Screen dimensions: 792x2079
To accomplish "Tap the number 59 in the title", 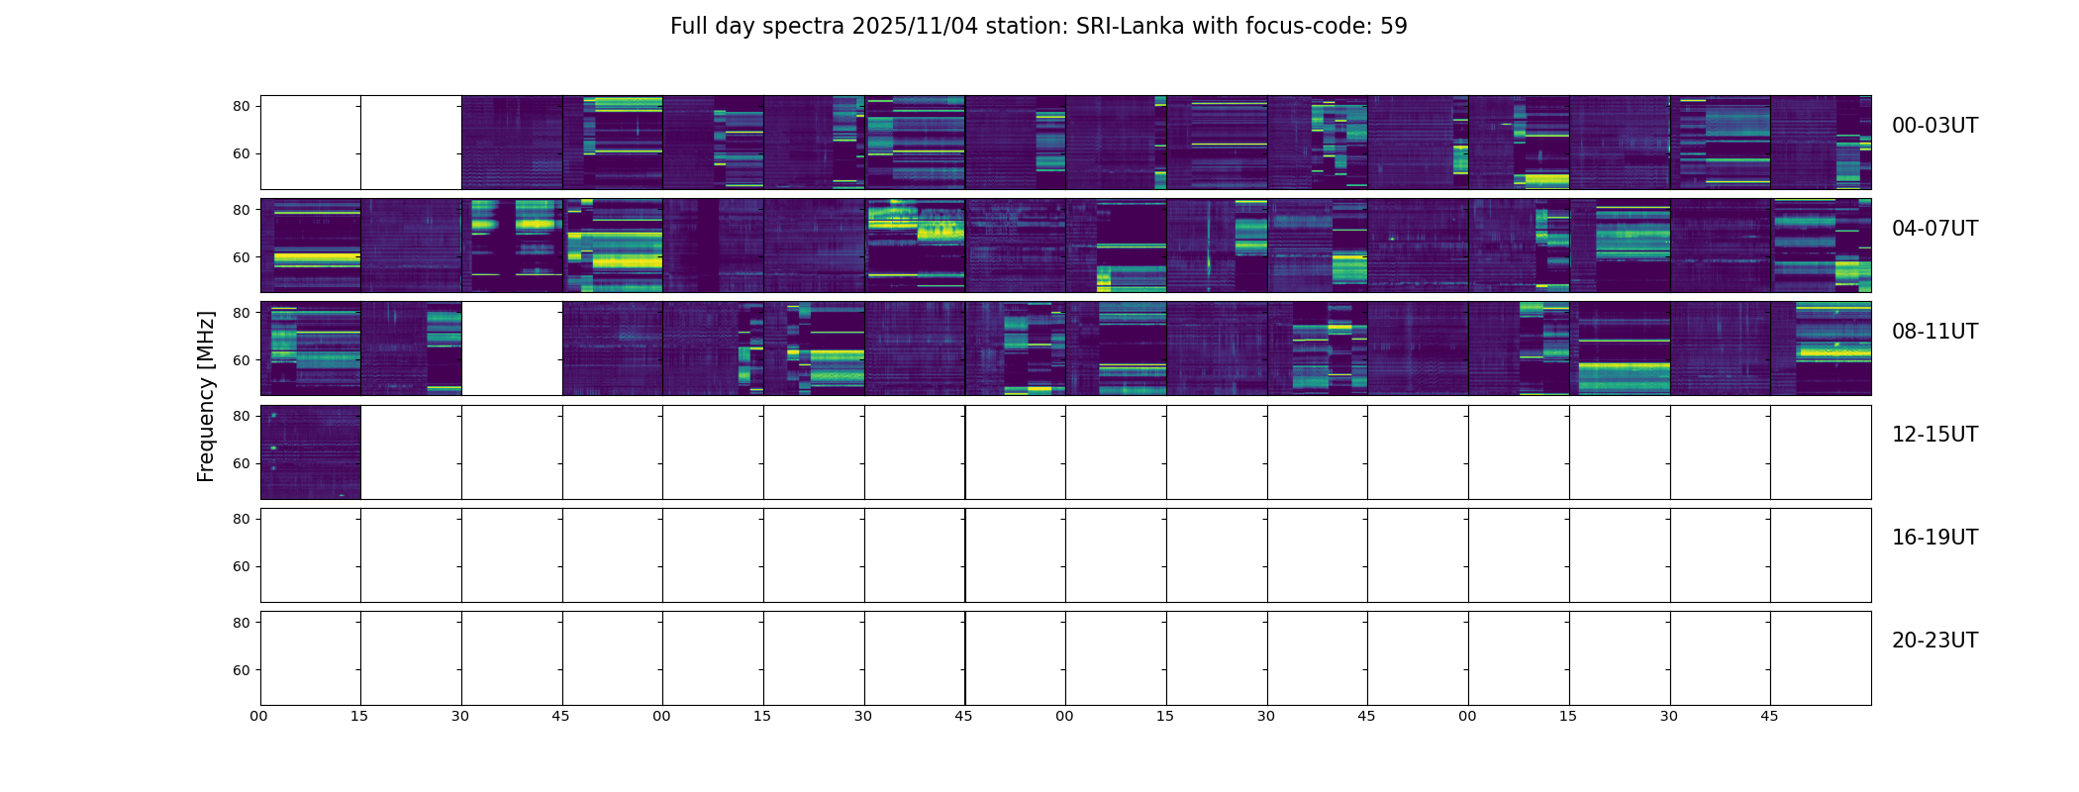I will (1393, 27).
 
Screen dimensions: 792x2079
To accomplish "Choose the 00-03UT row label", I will (1934, 126).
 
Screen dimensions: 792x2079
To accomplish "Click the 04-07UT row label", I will (1934, 229).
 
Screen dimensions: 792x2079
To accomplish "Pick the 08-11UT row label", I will (1934, 332).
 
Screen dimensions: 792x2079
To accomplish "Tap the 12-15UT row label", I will (1934, 435).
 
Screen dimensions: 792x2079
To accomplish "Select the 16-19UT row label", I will (1934, 538).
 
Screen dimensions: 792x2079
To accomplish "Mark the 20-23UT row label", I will (1934, 641).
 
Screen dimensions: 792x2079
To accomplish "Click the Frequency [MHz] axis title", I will (206, 396).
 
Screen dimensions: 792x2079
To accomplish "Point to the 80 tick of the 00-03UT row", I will (242, 106).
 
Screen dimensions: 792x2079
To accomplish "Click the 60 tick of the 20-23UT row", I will (242, 670).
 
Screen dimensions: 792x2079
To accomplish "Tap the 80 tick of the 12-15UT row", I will (242, 417).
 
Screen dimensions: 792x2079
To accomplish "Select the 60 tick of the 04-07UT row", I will (242, 257).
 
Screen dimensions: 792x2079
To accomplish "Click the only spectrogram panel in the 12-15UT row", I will (311, 451).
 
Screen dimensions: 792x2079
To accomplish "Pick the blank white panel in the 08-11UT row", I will (512, 348).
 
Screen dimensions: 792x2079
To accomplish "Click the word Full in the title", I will (688, 27).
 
